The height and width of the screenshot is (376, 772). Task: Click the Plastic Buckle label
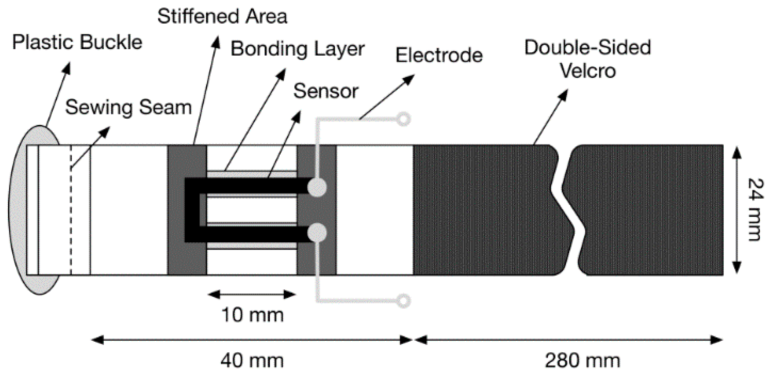77,43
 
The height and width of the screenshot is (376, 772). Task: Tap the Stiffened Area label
222,16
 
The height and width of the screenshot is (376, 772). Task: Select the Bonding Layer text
297,49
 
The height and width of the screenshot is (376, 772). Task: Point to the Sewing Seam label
129,107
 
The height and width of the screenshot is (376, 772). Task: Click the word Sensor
326,91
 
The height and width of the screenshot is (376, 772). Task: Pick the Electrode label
439,55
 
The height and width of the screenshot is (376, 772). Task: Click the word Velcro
588,71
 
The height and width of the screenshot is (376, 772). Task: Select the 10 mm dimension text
252,315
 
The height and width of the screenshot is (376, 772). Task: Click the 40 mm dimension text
252,361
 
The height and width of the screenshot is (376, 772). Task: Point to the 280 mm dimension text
582,361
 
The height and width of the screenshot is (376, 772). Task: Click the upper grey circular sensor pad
317,187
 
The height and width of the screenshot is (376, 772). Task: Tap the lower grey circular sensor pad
317,232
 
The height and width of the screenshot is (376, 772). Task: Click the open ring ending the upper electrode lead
403,119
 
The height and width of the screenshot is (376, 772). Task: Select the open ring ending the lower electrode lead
403,301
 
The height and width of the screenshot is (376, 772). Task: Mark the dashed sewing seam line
71,210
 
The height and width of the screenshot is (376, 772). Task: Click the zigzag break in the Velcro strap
568,210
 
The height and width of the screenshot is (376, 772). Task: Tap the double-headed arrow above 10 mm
252,294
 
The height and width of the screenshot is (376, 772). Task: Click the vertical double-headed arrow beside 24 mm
737,210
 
